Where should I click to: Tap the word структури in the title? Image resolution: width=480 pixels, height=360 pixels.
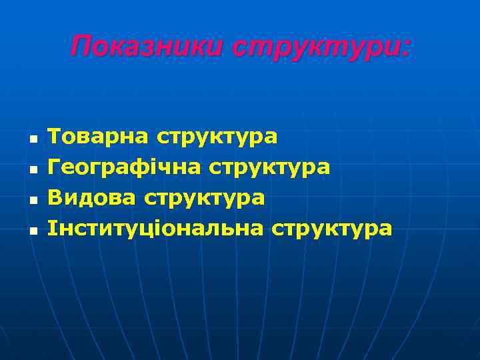(318, 48)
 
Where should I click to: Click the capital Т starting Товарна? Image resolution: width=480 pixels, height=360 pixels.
(55, 137)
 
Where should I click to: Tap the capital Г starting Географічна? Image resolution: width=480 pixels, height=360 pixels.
(55, 167)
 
